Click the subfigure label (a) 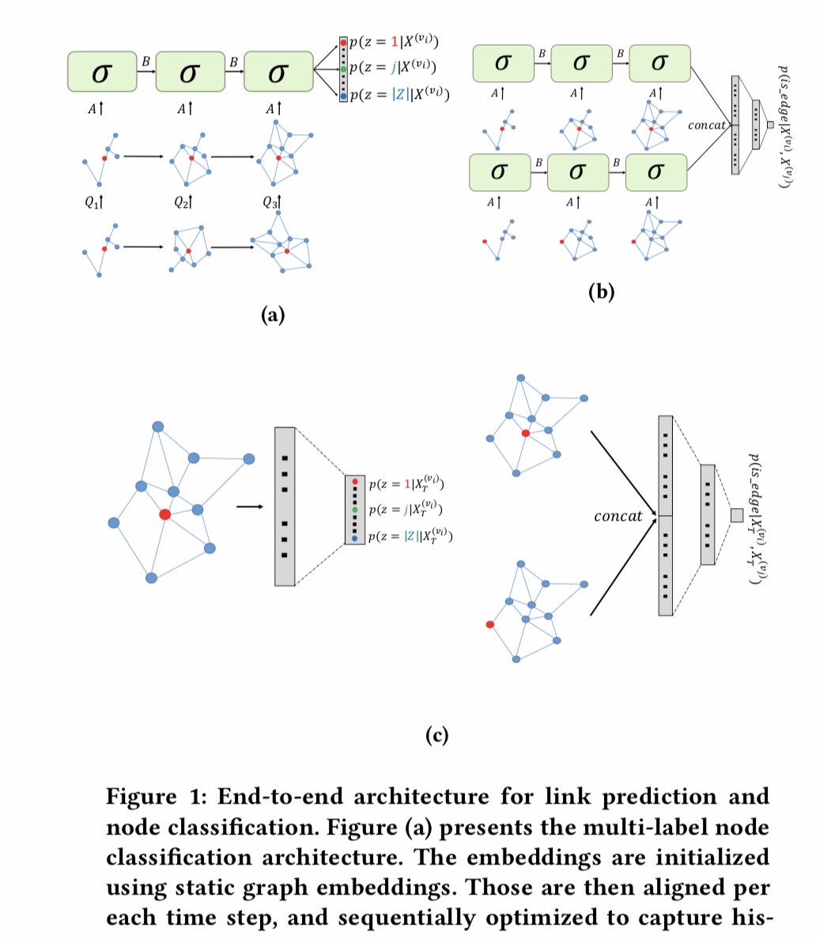coord(272,316)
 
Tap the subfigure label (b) coord(601,292)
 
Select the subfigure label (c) coord(436,736)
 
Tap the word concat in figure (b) coord(707,126)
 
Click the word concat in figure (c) coord(618,516)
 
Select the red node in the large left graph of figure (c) coord(164,514)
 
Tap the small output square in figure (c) coord(736,515)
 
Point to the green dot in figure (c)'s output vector coord(355,509)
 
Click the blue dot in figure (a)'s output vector coord(343,96)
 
